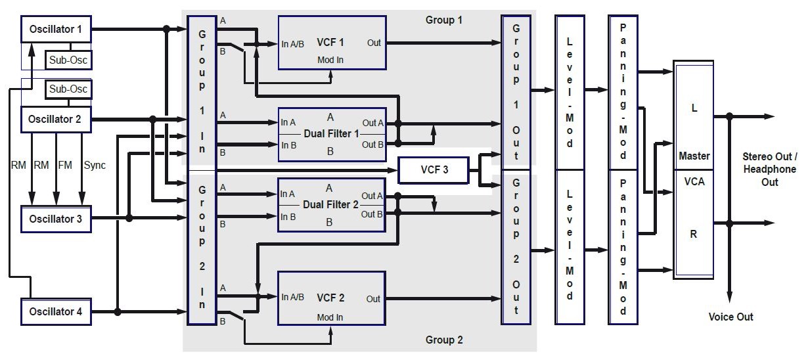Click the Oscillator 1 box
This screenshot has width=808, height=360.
[x=56, y=29]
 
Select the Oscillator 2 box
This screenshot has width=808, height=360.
[x=56, y=120]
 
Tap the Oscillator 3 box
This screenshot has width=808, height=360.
[x=56, y=219]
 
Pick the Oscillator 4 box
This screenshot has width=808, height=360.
[x=56, y=311]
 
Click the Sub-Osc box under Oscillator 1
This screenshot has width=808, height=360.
[x=68, y=60]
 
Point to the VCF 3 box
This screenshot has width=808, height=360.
[x=434, y=169]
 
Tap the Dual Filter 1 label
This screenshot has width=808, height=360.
[x=331, y=133]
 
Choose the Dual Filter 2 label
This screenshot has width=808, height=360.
[x=331, y=204]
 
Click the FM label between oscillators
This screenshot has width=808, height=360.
[x=65, y=165]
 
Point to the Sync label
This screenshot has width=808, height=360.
[x=95, y=165]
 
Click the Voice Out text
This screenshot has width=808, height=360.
[x=730, y=317]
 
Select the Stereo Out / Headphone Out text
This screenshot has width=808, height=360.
[x=769, y=169]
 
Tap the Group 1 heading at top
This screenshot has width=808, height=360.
[x=444, y=20]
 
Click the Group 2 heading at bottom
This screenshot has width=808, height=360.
[x=444, y=340]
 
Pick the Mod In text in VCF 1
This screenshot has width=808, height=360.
[x=330, y=59]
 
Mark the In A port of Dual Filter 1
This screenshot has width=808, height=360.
[x=288, y=122]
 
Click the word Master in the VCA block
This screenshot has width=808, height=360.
[x=694, y=156]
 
